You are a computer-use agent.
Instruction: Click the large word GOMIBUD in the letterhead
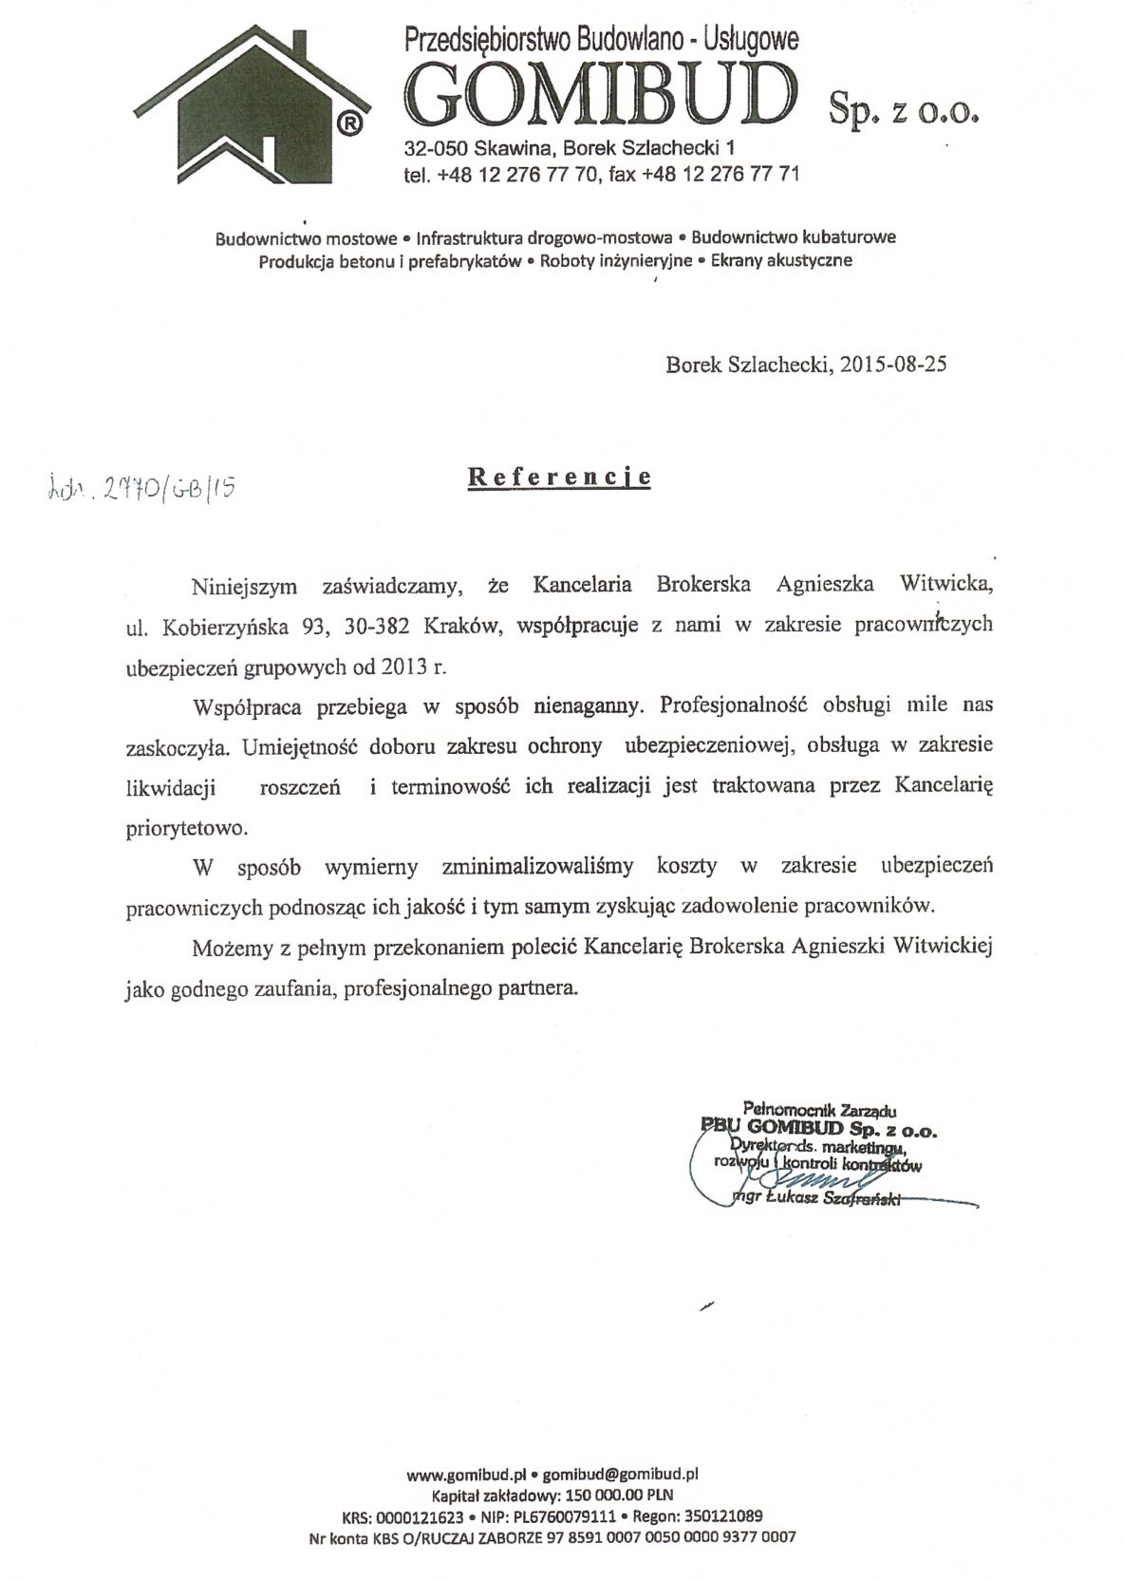click(599, 94)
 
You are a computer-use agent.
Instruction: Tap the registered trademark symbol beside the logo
click(348, 123)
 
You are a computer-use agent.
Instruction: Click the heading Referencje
click(560, 477)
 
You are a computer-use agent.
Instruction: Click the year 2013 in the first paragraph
click(404, 666)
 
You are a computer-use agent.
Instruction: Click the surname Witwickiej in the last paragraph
click(939, 947)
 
